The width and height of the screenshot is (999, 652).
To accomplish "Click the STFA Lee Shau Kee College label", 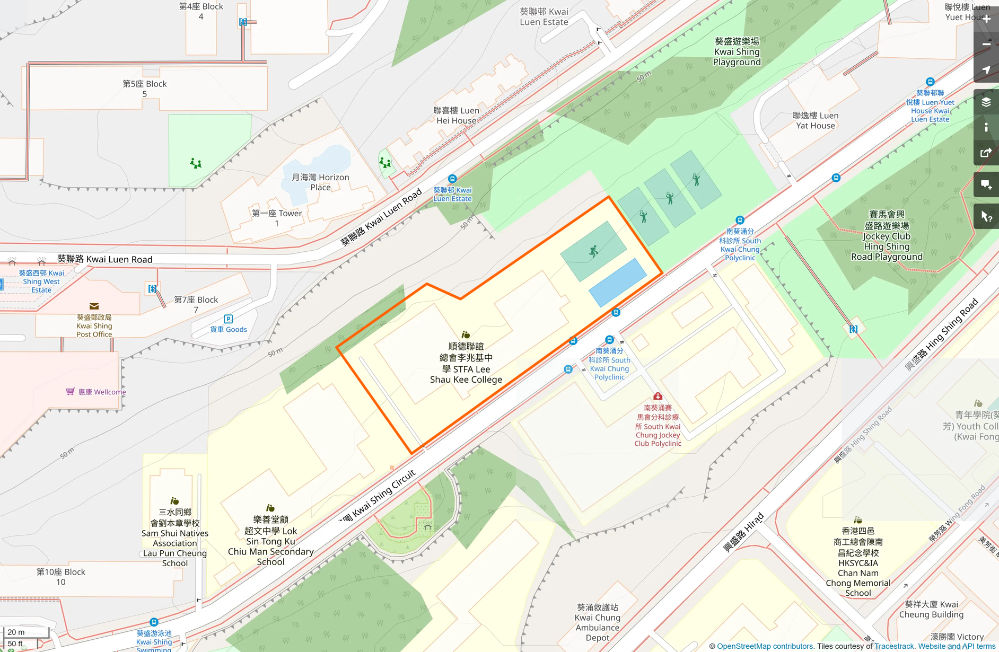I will click(x=466, y=363).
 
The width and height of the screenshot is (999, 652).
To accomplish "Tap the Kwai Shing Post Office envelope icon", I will click(x=94, y=306).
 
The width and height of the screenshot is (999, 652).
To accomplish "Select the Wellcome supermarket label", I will click(x=102, y=392).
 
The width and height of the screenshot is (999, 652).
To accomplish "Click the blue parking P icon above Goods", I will click(x=229, y=319).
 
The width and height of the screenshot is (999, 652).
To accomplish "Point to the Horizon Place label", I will click(x=320, y=182).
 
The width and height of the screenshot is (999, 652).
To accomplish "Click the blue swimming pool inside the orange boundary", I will click(x=617, y=283).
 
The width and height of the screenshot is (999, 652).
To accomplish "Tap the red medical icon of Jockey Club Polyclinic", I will click(x=658, y=397).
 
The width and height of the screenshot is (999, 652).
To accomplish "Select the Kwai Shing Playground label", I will click(x=737, y=51).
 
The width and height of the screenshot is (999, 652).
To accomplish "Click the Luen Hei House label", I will click(x=456, y=116).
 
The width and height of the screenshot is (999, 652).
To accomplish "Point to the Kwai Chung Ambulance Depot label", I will click(x=597, y=622).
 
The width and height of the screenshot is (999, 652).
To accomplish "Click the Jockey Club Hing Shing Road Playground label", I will click(x=886, y=236).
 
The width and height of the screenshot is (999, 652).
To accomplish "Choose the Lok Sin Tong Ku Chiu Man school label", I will click(x=270, y=541).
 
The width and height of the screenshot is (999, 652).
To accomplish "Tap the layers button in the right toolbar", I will click(x=986, y=102).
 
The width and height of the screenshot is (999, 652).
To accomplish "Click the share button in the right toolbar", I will click(x=986, y=153).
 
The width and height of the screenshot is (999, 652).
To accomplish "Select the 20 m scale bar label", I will click(x=16, y=632).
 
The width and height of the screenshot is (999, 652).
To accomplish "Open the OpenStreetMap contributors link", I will click(x=765, y=646).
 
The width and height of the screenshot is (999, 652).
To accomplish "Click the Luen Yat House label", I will click(x=816, y=120).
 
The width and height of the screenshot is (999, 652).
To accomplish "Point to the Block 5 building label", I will click(x=144, y=89).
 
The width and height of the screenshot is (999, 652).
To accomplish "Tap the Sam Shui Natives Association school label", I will click(x=175, y=538).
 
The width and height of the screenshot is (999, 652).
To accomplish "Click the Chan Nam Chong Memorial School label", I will click(x=858, y=562).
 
